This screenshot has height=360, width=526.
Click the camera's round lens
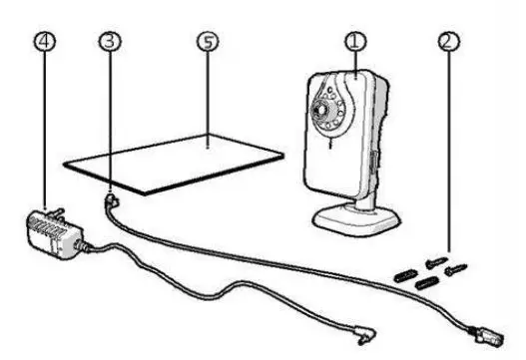click(324, 104)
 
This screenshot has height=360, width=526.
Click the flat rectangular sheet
click(180, 160)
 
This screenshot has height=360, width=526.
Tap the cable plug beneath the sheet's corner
click(111, 201)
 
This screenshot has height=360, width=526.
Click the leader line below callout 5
click(207, 100)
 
